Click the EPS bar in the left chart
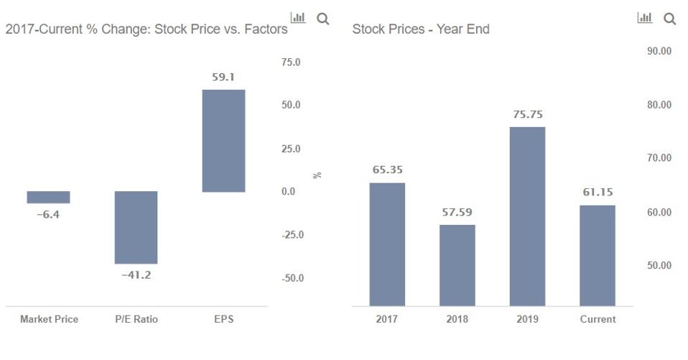pyautogui.click(x=223, y=141)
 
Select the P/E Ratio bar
pyautogui.click(x=136, y=227)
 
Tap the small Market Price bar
pyautogui.click(x=48, y=197)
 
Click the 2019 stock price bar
pyautogui.click(x=527, y=216)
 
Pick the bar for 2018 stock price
pyautogui.click(x=457, y=265)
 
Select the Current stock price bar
pyautogui.click(x=598, y=255)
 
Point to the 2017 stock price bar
pyautogui.click(x=387, y=244)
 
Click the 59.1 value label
pyautogui.click(x=223, y=77)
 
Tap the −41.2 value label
pyautogui.click(x=136, y=275)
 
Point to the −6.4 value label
pyautogui.click(x=48, y=214)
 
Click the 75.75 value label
pyautogui.click(x=527, y=114)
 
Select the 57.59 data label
pyautogui.click(x=457, y=213)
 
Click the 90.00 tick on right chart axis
pyautogui.click(x=657, y=52)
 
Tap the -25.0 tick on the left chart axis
pyautogui.click(x=292, y=235)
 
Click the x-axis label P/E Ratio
pyautogui.click(x=136, y=319)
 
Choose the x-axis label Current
pyautogui.click(x=598, y=319)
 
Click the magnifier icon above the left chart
pyautogui.click(x=322, y=19)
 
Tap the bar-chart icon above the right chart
pyautogui.click(x=645, y=18)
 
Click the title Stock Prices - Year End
pyautogui.click(x=421, y=29)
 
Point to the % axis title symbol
pyautogui.click(x=316, y=175)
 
